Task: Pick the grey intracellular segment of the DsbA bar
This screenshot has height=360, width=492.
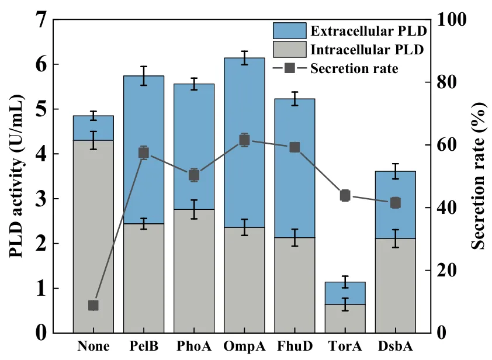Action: click(x=395, y=286)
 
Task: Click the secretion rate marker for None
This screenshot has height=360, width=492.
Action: click(x=93, y=306)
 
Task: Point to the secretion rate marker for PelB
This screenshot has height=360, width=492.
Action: click(x=144, y=153)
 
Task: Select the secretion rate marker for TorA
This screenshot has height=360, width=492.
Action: click(x=345, y=195)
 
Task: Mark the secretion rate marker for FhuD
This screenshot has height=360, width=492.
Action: click(x=294, y=147)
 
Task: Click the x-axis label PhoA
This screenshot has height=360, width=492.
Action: click(x=193, y=346)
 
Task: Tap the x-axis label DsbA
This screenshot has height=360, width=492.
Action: click(x=395, y=346)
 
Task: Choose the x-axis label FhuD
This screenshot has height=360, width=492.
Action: click(x=294, y=346)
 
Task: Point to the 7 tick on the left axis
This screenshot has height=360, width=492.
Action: click(x=40, y=19)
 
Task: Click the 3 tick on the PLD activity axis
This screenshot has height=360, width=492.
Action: click(x=40, y=199)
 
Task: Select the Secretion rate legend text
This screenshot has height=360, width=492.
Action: click(x=355, y=68)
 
